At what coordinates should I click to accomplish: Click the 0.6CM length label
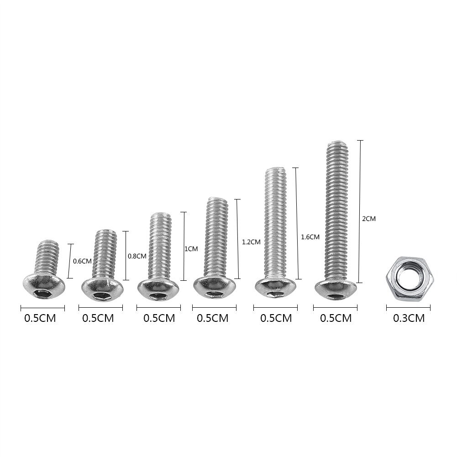pyautogui.click(x=83, y=262)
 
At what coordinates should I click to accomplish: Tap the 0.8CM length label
pyautogui.click(x=137, y=257)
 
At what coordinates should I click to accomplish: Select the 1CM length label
pyautogui.click(x=191, y=249)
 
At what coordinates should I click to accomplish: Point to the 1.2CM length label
pyautogui.click(x=251, y=242)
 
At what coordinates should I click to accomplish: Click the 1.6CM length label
pyautogui.click(x=310, y=237)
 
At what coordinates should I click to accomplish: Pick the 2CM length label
pyautogui.click(x=368, y=219)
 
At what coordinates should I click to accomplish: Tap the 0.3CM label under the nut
pyautogui.click(x=409, y=318)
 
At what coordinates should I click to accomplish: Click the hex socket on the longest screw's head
pyautogui.click(x=336, y=297)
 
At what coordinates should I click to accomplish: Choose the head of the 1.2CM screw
pyautogui.click(x=214, y=287)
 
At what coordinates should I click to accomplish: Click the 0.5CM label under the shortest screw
pyautogui.click(x=40, y=318)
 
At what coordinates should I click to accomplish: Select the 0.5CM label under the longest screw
pyautogui.click(x=336, y=318)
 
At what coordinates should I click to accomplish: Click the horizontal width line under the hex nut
pyautogui.click(x=408, y=308)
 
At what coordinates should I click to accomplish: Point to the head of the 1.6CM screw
pyautogui.click(x=276, y=287)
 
